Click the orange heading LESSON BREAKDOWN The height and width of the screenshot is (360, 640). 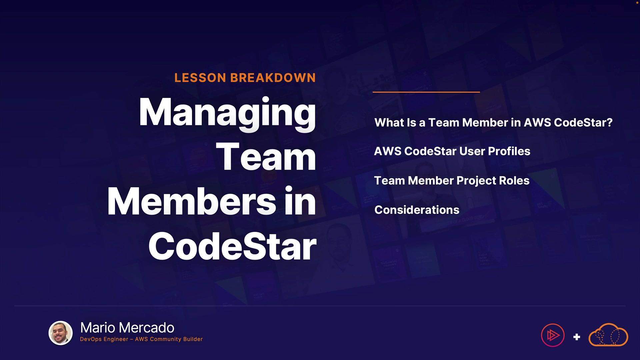click(x=245, y=78)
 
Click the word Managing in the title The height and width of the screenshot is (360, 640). click(x=227, y=114)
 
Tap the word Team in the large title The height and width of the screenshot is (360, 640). click(x=266, y=156)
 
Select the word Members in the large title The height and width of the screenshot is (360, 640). click(x=192, y=201)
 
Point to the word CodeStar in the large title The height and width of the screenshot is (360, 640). click(x=232, y=246)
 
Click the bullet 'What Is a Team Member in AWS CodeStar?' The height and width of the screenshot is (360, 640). click(x=493, y=122)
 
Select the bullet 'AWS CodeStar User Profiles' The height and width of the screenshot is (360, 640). click(x=452, y=151)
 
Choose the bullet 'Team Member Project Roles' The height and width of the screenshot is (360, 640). click(x=452, y=181)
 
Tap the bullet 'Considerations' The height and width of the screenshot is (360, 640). click(x=417, y=210)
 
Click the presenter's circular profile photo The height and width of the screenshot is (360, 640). click(x=61, y=333)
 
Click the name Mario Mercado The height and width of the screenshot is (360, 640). click(x=127, y=328)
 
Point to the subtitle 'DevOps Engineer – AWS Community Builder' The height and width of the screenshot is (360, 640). click(x=141, y=339)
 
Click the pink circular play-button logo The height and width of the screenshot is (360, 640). click(x=553, y=335)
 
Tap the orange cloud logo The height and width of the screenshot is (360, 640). click(x=608, y=335)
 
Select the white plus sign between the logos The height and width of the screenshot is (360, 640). click(x=577, y=337)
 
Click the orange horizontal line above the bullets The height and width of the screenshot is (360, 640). click(x=426, y=92)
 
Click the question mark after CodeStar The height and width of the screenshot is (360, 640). click(x=610, y=122)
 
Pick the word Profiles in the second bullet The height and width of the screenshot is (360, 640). click(x=509, y=151)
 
